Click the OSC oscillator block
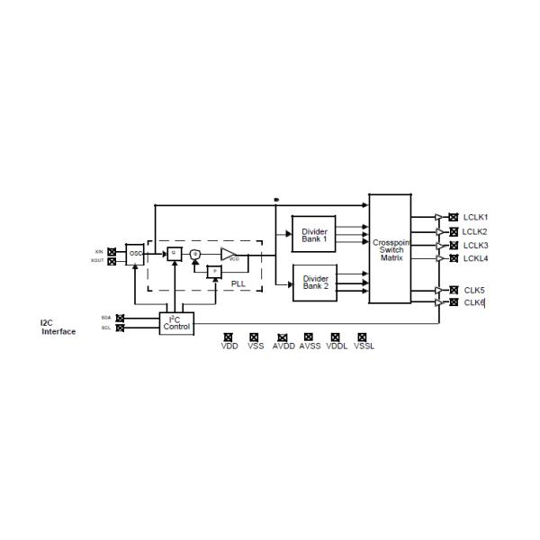pos(135,254)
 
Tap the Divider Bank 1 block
pos(314,234)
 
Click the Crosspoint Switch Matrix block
pos(391,249)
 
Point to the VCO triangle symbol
pos(229,254)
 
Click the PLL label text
pos(238,283)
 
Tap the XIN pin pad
pos(112,251)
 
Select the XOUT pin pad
pos(112,261)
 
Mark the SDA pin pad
pos(121,318)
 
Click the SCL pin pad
pos(121,328)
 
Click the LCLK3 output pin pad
pos(453,246)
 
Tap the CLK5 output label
pos(473,290)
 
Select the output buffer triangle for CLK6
pos(438,303)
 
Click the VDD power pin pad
pos(228,337)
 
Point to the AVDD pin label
pos(283,346)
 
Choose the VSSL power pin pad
pos(363,337)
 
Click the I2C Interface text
pos(58,327)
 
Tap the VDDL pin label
pos(336,346)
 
